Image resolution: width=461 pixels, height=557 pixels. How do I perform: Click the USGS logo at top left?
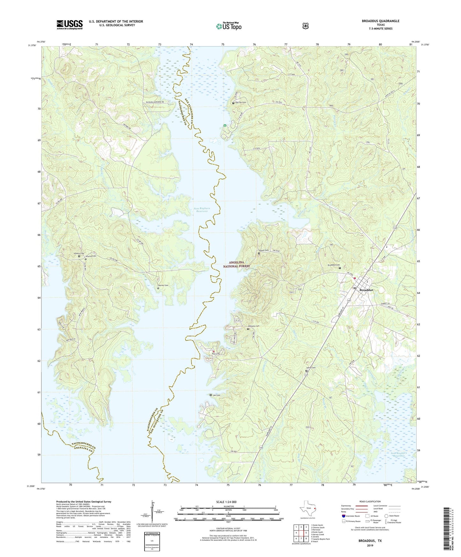(x=70, y=25)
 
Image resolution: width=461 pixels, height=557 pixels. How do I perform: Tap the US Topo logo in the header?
(x=228, y=26)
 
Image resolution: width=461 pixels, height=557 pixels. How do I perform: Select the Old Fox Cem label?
(x=241, y=102)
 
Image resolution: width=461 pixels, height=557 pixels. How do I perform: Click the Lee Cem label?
(x=216, y=395)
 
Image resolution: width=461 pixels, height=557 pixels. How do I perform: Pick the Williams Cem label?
(x=254, y=326)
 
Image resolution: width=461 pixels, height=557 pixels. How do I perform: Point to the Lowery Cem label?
(x=79, y=254)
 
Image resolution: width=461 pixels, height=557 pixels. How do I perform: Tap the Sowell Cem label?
(x=263, y=250)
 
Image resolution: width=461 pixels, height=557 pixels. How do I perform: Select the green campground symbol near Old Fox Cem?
(x=225, y=125)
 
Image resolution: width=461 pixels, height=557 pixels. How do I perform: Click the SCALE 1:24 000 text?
(x=226, y=502)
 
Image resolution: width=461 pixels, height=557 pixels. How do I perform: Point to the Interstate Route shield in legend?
(x=344, y=516)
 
